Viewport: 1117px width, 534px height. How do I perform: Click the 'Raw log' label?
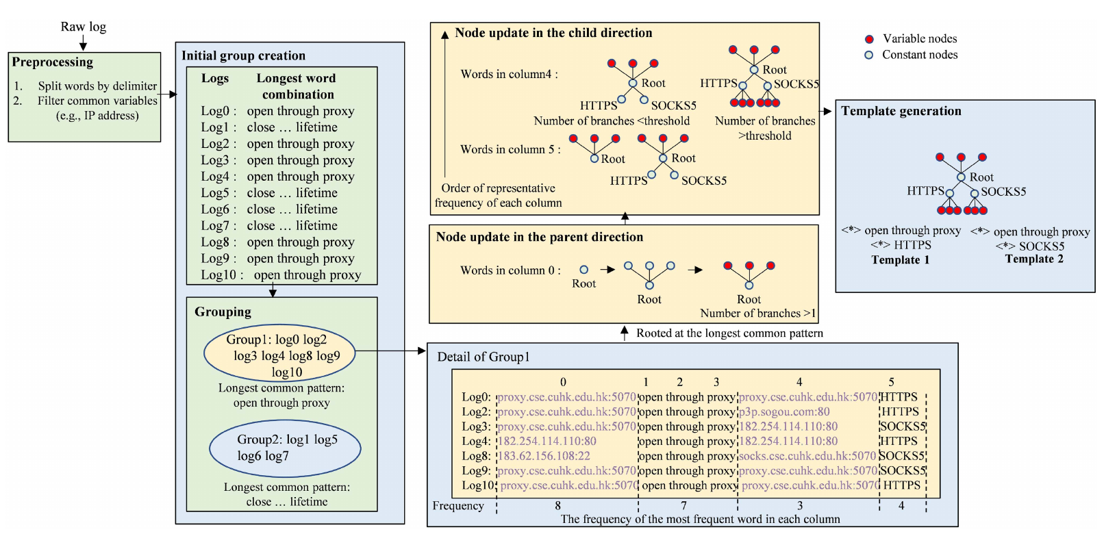(x=83, y=27)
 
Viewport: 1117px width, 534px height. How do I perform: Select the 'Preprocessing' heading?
(x=52, y=62)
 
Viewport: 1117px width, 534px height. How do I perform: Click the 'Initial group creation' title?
(x=243, y=55)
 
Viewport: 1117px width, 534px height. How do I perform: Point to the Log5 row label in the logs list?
(x=215, y=193)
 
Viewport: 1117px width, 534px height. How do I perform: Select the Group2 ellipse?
(x=285, y=448)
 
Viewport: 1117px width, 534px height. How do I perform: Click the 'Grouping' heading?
(x=223, y=312)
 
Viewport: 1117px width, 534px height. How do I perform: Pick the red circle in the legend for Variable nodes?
(x=869, y=39)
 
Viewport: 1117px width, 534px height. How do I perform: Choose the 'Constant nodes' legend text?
(x=919, y=55)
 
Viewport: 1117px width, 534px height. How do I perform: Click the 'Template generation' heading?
(x=901, y=111)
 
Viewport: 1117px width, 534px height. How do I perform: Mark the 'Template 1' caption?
(x=900, y=260)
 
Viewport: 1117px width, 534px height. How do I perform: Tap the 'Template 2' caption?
(x=1033, y=259)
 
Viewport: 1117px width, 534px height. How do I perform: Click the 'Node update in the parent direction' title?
(x=539, y=237)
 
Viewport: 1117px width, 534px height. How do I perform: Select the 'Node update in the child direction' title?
(x=553, y=33)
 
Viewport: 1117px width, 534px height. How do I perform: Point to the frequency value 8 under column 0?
(x=558, y=505)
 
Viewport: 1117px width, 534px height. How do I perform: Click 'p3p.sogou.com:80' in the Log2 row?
(x=784, y=412)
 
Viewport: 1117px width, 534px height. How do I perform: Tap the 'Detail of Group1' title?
(x=483, y=357)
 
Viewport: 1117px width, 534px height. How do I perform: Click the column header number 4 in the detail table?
(x=799, y=382)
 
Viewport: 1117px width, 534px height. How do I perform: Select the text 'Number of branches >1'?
(x=757, y=314)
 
